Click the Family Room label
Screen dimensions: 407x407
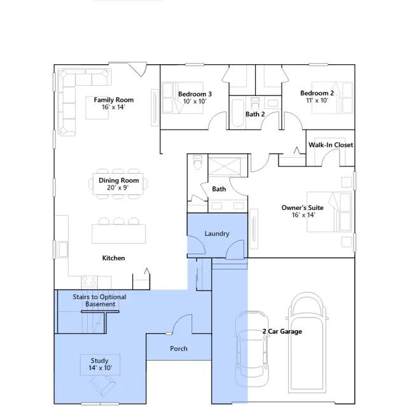point(114,100)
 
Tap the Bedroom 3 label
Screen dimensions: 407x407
point(195,94)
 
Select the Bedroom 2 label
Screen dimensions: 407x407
point(317,93)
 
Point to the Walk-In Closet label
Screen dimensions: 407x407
point(331,145)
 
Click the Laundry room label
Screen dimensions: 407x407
point(217,233)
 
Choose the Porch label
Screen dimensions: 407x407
point(179,348)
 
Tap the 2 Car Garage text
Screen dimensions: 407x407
point(282,331)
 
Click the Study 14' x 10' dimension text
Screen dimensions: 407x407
point(100,368)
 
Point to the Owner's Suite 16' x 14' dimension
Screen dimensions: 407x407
point(303,215)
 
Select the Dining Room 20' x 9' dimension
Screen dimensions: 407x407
point(118,188)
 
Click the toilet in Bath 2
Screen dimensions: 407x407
point(254,103)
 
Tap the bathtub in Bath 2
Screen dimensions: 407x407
point(237,113)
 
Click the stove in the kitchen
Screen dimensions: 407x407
point(89,282)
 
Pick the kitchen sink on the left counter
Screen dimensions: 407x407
point(62,249)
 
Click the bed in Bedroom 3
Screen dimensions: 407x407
point(183,97)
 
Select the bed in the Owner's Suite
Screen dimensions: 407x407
point(329,212)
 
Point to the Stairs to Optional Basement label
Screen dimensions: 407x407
point(99,301)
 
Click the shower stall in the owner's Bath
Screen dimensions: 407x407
point(224,167)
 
